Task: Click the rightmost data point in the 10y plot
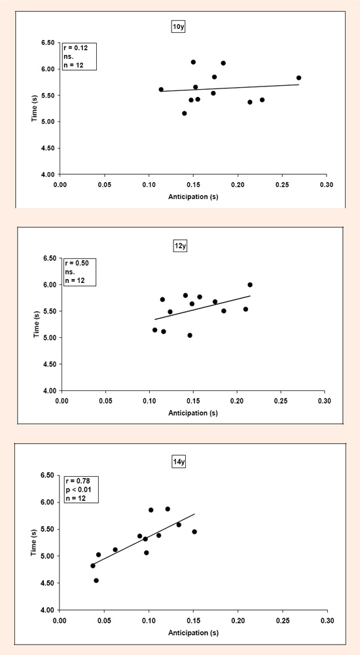pyautogui.click(x=298, y=78)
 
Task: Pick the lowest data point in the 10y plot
pyautogui.click(x=184, y=113)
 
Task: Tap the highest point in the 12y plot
pyautogui.click(x=250, y=284)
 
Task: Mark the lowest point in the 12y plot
pyautogui.click(x=190, y=335)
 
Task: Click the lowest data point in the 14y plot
pyautogui.click(x=96, y=580)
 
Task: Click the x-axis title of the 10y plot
pyautogui.click(x=193, y=196)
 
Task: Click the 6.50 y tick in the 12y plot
pyautogui.click(x=49, y=258)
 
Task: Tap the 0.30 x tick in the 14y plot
pyautogui.click(x=327, y=618)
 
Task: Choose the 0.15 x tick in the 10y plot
pyautogui.click(x=193, y=183)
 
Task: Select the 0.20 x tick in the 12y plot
pyautogui.click(x=237, y=400)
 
